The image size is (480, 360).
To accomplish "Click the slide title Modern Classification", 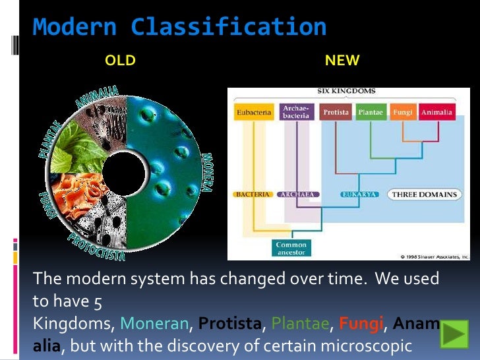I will click(x=179, y=28).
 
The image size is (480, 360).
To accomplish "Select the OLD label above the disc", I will click(x=120, y=61).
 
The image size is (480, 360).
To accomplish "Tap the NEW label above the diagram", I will click(x=342, y=61).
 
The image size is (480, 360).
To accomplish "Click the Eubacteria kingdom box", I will click(x=253, y=113).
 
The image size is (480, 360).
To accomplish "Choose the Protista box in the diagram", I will click(x=336, y=113).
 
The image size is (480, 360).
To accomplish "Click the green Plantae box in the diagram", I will click(x=371, y=113).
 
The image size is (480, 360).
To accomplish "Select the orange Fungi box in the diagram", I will click(x=402, y=113).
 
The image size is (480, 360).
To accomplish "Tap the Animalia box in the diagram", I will click(x=436, y=113).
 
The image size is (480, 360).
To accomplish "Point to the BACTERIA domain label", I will click(x=252, y=195).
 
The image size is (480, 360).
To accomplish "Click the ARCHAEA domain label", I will click(x=299, y=195).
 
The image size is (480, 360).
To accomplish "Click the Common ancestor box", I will click(x=291, y=249).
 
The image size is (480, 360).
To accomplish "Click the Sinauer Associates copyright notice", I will click(x=434, y=256).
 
